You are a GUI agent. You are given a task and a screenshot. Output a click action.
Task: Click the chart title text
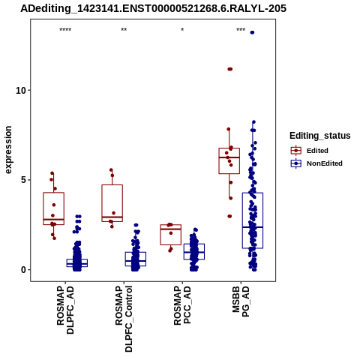pos(153,9)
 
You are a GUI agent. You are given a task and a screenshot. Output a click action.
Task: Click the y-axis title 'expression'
pos(8,150)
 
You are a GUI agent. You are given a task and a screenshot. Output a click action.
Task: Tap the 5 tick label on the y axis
pos(24,180)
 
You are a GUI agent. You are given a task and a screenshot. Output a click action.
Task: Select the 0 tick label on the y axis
pos(24,270)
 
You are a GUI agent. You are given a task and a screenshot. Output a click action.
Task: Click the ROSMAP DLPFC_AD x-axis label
pos(65,310)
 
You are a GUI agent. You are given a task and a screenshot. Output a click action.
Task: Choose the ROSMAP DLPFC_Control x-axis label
pos(124,319)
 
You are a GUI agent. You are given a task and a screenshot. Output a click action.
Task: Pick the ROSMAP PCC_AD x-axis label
pos(182,305)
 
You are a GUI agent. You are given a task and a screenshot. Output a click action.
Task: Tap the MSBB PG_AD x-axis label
pos(241,301)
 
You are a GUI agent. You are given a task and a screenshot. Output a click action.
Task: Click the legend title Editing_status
pos(320,136)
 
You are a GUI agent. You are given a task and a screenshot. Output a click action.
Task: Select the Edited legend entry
pos(310,151)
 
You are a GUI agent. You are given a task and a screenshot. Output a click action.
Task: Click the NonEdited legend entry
pos(316,163)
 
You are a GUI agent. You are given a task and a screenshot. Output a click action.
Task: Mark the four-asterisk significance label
pos(65,30)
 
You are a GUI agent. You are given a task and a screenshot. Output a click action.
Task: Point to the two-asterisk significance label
pos(124,30)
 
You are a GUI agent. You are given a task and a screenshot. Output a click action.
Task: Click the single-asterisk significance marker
pos(182,30)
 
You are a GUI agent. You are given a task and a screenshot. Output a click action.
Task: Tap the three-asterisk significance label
pos(241,30)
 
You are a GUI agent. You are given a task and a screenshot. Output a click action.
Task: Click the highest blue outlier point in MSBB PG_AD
pos(252,32)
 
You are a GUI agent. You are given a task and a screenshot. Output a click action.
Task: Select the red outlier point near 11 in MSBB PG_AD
pos(230,69)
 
